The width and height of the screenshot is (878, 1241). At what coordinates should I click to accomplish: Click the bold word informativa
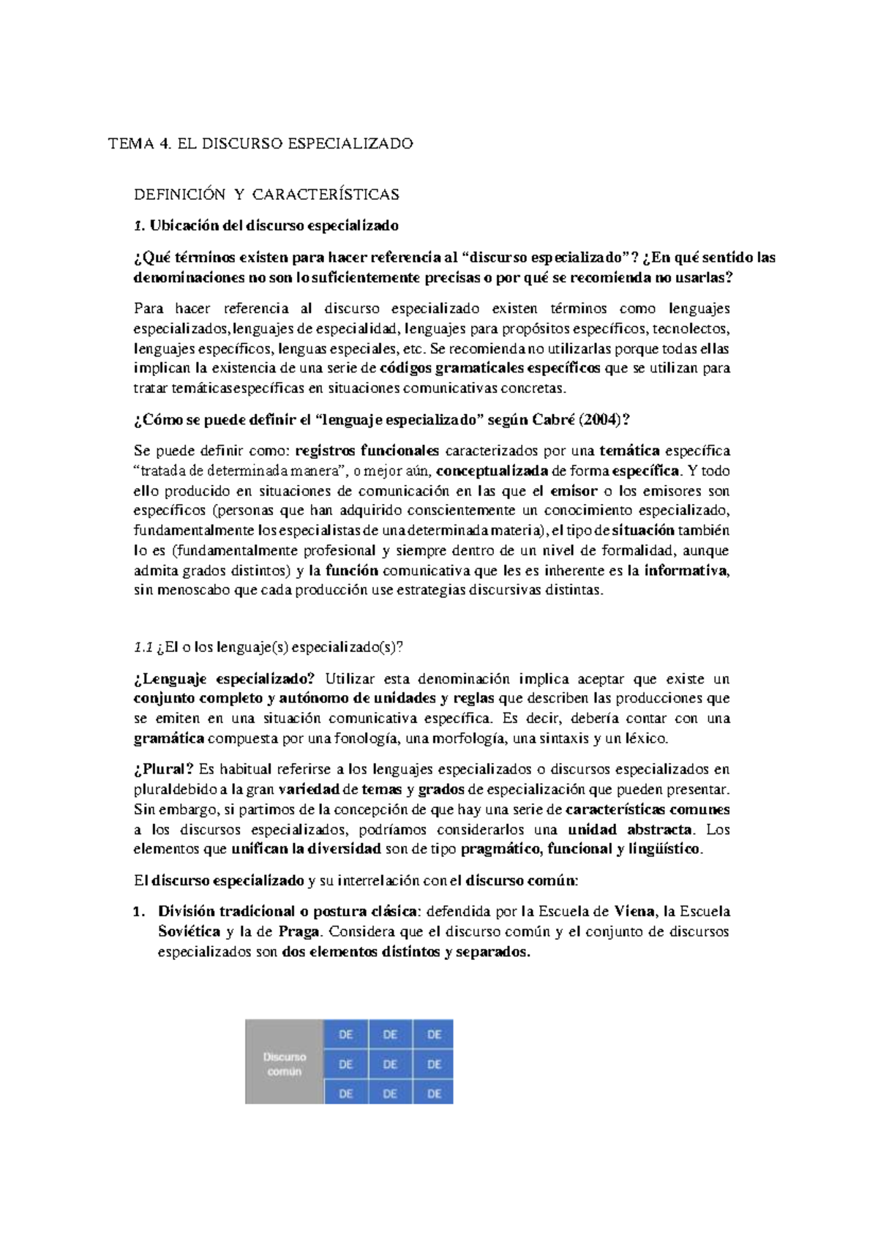pyautogui.click(x=686, y=571)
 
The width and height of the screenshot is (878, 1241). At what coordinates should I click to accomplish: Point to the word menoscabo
pyautogui.click(x=192, y=590)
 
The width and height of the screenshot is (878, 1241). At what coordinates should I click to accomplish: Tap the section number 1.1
pyautogui.click(x=142, y=647)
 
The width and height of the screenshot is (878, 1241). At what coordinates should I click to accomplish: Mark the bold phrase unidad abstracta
pyautogui.click(x=630, y=830)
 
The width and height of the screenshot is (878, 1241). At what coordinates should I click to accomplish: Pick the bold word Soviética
pyautogui.click(x=190, y=931)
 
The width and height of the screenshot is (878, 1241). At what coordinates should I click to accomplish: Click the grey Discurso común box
pyautogui.click(x=285, y=1062)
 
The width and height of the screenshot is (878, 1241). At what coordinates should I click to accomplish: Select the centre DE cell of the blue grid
pyautogui.click(x=391, y=1065)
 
